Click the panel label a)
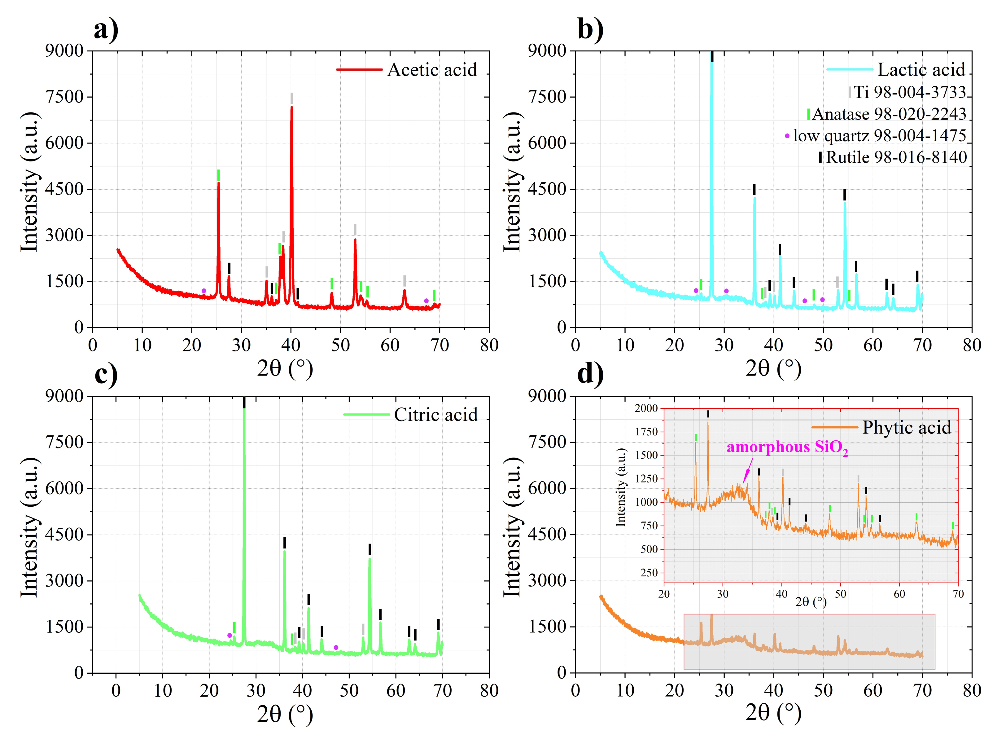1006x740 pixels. pyautogui.click(x=106, y=29)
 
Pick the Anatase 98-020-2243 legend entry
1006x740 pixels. pyautogui.click(x=888, y=114)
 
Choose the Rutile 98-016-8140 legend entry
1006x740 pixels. pyautogui.click(x=896, y=157)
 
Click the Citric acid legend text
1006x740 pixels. pyautogui.click(x=435, y=415)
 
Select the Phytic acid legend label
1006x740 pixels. pyautogui.click(x=906, y=427)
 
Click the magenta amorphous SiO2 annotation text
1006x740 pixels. pyautogui.click(x=787, y=447)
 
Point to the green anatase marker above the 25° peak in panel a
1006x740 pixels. pyautogui.click(x=218, y=175)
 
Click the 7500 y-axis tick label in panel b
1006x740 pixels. pyautogui.click(x=547, y=97)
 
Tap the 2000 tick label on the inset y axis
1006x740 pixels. pyautogui.click(x=646, y=408)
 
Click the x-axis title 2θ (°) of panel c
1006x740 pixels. pyautogui.click(x=285, y=713)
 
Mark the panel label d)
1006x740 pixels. pyautogui.click(x=590, y=374)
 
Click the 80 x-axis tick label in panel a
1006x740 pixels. pyautogui.click(x=489, y=345)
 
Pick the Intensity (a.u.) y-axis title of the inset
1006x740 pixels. pyautogui.click(x=620, y=487)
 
